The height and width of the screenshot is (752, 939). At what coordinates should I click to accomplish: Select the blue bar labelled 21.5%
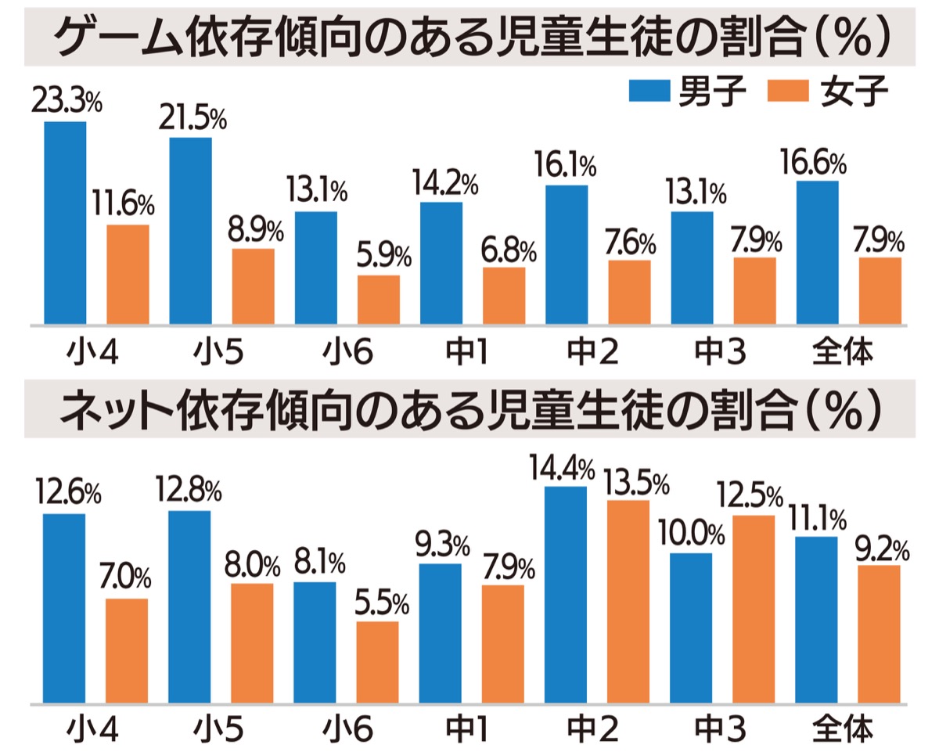pos(190,230)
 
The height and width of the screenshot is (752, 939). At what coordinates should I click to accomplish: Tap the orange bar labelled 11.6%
pos(128,274)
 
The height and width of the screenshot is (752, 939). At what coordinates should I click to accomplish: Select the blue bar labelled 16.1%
pos(567,254)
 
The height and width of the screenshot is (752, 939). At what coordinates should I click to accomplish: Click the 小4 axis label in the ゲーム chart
pos(93,352)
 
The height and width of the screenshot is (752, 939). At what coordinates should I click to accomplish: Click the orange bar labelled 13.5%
pos(628,601)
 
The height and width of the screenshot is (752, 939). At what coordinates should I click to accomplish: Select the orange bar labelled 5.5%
pos(377,662)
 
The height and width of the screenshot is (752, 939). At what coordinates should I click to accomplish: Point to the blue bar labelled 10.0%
pos(691,628)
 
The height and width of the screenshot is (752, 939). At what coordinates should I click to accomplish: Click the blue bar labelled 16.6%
pos(817,252)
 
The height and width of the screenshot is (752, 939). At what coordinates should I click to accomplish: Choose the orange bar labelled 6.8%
pos(504,295)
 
